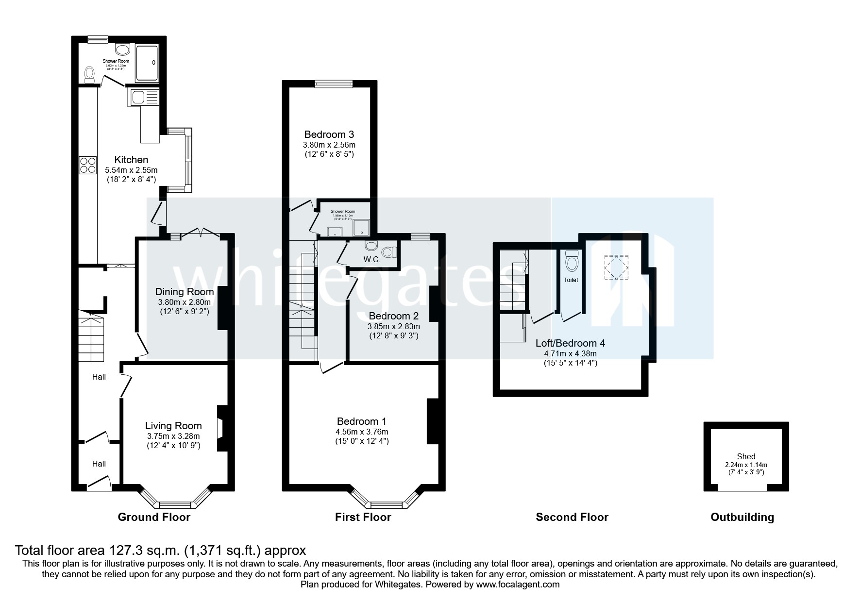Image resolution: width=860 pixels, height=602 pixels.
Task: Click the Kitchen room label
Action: tap(131, 160)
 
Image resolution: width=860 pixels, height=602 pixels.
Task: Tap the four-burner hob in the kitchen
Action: tap(88, 165)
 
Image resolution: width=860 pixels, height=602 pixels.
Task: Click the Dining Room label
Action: tap(184, 292)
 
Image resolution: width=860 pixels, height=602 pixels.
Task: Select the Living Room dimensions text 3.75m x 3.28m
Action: tap(173, 436)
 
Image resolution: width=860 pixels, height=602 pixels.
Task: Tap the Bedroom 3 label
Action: tap(329, 134)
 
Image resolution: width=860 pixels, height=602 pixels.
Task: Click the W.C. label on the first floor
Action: tap(371, 260)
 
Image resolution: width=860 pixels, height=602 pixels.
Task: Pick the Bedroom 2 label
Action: tap(393, 316)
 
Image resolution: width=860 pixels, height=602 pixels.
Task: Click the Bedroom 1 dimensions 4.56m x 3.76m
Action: tap(362, 432)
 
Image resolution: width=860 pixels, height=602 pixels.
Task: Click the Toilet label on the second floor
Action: tap(571, 280)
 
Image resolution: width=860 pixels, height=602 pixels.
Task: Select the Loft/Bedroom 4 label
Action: tap(570, 343)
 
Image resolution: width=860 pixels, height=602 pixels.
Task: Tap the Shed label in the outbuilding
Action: tap(746, 456)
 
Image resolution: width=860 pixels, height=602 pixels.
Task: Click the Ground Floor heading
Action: tap(154, 517)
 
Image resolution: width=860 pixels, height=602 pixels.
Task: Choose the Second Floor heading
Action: tap(572, 517)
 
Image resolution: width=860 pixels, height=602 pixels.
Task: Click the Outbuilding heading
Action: tap(742, 517)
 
